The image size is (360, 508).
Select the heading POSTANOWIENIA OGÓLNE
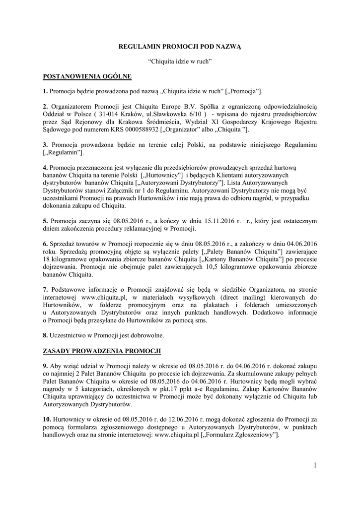point(87,76)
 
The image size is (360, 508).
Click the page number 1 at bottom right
point(315,464)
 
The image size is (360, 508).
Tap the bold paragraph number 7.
point(45,289)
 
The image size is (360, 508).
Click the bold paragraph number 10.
point(47,419)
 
